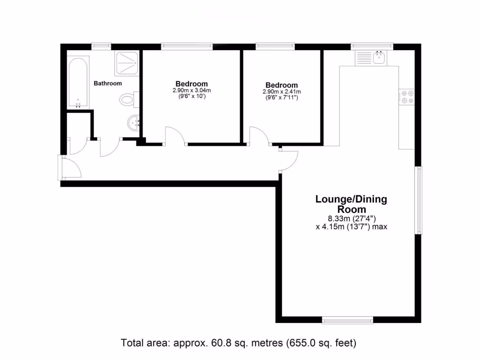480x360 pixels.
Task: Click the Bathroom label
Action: coord(108,83)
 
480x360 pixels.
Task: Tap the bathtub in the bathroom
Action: coord(78,82)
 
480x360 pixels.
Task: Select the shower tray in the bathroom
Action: coord(127,63)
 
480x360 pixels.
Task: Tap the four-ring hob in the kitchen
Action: coord(406,96)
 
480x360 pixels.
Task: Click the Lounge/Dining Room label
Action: coord(351,204)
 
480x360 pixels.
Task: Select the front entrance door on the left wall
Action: coord(70,168)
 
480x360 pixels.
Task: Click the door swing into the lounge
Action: coord(290,160)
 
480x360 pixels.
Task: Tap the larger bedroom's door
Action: coord(176,136)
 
